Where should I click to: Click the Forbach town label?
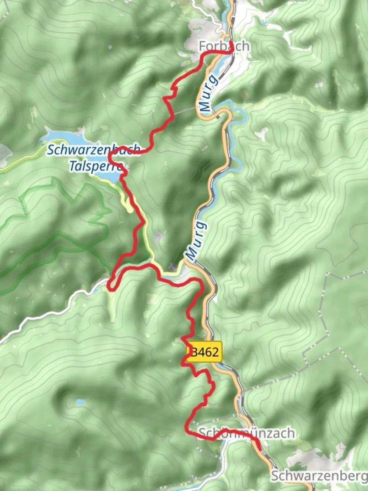click(224, 46)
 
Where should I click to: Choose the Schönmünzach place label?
click(246, 433)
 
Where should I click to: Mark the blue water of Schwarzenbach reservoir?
click(64, 136)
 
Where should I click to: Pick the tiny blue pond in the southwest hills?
click(80, 402)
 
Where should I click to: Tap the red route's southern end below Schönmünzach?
click(259, 449)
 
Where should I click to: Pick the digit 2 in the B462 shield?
click(215, 351)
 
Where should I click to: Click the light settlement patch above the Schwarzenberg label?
click(313, 455)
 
